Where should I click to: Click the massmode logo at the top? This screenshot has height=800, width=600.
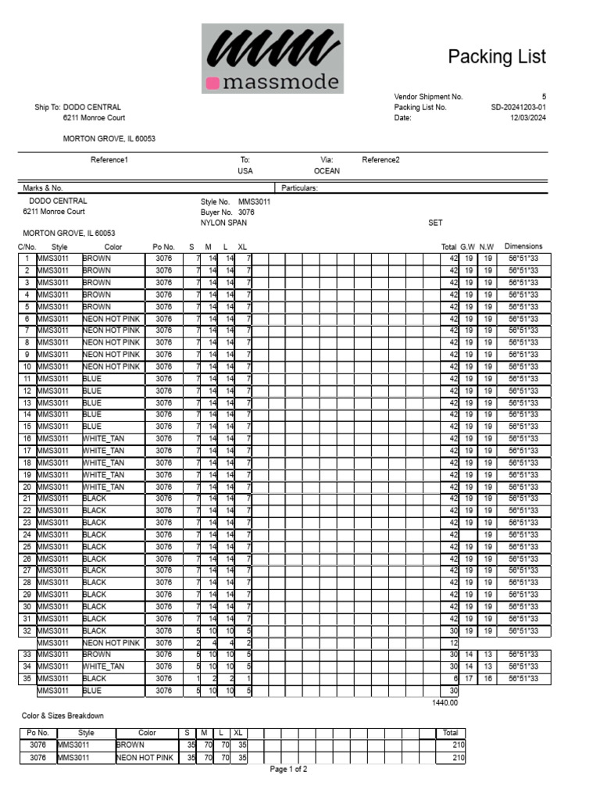click(272, 59)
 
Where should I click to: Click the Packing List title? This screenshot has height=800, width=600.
click(496, 57)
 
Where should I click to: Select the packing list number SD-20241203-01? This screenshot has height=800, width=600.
click(519, 108)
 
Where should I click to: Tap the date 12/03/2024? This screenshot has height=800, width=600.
click(528, 119)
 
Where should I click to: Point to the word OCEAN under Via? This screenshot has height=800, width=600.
click(327, 171)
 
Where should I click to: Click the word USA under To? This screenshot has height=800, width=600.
click(245, 171)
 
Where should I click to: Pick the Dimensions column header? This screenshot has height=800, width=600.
click(523, 247)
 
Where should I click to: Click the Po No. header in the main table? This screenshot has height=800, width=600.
click(163, 247)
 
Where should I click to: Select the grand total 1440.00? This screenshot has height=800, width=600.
click(445, 702)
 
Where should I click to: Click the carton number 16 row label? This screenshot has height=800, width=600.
click(27, 439)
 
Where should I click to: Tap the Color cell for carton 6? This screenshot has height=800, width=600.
click(111, 319)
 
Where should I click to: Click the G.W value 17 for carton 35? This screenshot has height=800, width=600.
click(467, 679)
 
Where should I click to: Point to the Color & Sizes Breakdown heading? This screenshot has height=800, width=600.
click(62, 716)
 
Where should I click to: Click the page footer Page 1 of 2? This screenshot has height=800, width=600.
click(288, 770)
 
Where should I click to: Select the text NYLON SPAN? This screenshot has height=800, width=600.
click(223, 223)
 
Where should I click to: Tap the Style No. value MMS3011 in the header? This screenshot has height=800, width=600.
click(254, 202)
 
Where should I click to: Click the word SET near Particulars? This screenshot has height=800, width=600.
click(435, 223)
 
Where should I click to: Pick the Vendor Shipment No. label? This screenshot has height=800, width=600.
click(428, 97)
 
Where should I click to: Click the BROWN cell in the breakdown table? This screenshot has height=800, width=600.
click(130, 745)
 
